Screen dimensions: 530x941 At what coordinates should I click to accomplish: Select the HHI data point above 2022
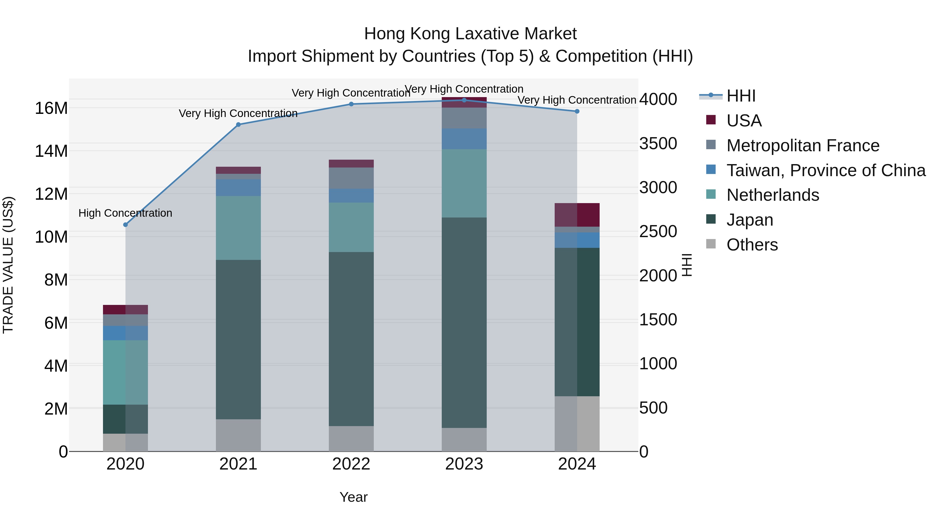tap(351, 104)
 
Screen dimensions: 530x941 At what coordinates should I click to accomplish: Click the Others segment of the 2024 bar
tap(577, 423)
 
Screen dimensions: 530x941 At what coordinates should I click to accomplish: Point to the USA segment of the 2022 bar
tap(351, 164)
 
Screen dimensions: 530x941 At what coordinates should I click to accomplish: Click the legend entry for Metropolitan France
tap(802, 146)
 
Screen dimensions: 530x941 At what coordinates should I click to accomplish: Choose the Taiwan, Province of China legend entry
tap(825, 170)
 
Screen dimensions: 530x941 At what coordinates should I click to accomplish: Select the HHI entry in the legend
tap(741, 96)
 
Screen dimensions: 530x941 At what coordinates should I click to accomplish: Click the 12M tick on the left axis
tap(51, 194)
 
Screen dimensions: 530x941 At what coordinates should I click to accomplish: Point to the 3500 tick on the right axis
tap(658, 143)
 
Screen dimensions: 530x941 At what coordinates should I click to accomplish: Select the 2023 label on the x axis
tap(464, 464)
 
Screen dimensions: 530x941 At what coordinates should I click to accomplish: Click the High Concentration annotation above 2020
tap(125, 213)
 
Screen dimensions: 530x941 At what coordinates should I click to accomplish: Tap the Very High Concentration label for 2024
tap(577, 100)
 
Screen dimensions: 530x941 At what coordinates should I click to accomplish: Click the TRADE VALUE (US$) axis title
tap(8, 265)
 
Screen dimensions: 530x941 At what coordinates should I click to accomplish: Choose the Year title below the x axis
tap(353, 497)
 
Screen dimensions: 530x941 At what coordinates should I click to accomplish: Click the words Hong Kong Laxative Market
tap(470, 34)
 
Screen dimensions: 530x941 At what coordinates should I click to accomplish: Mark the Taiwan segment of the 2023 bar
tap(464, 139)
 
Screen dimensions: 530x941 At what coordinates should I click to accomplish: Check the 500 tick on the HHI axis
tap(653, 408)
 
